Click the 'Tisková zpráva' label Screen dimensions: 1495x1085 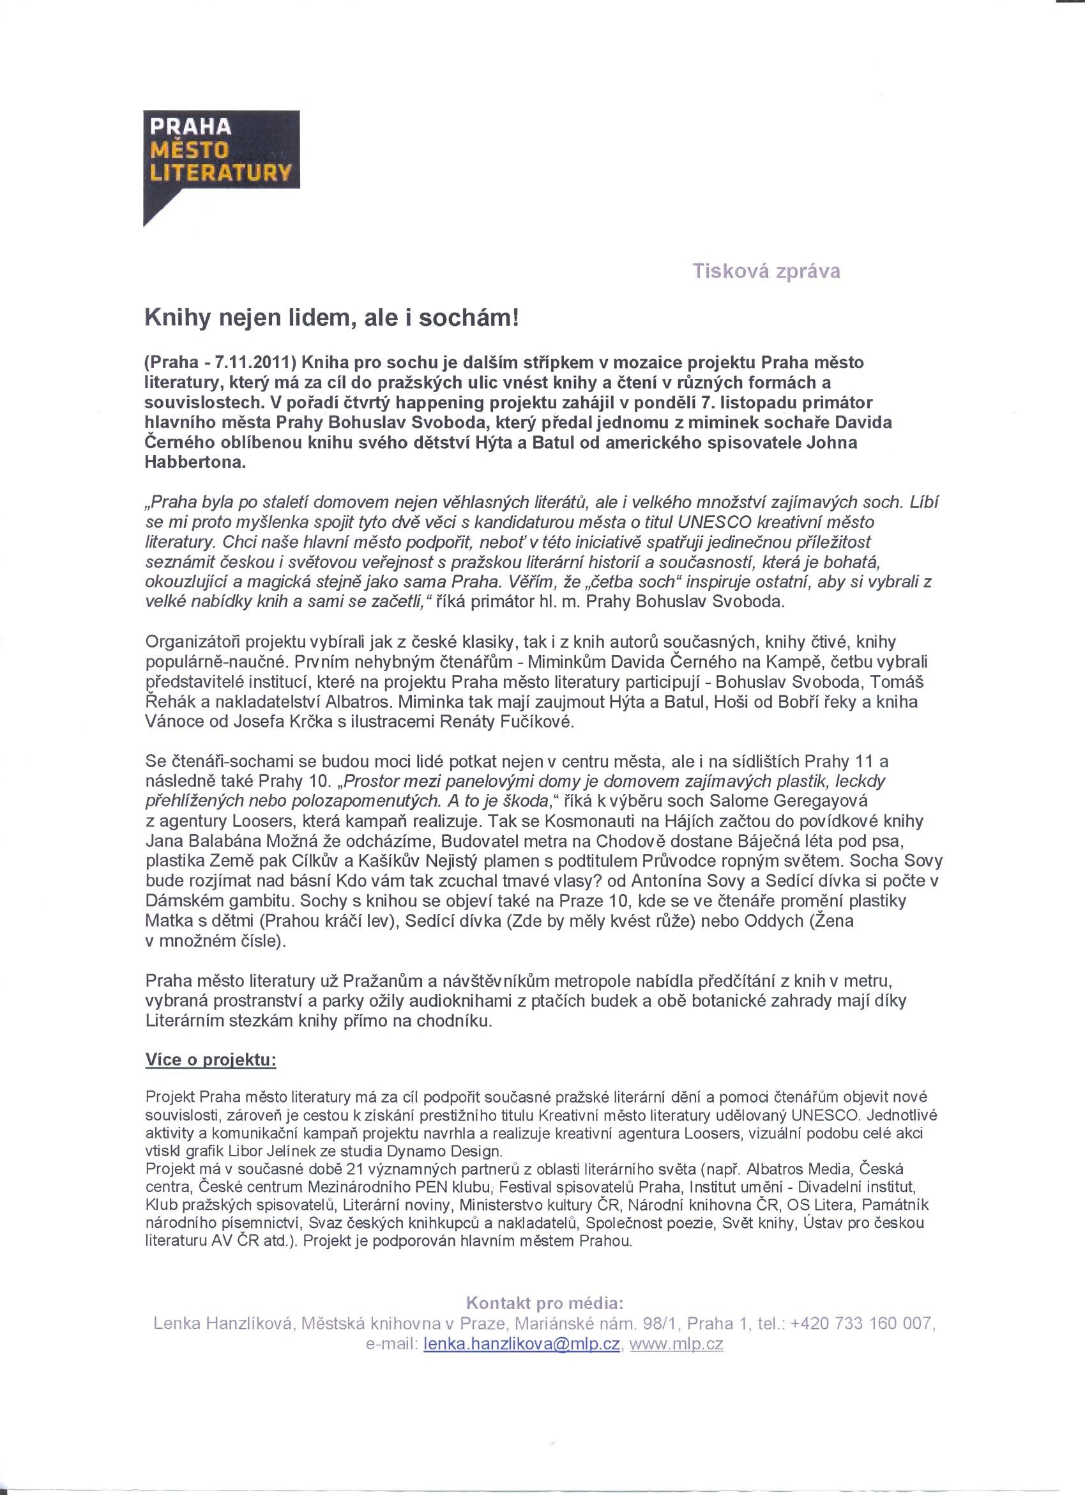tap(766, 271)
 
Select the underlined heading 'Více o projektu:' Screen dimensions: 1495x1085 tap(211, 1061)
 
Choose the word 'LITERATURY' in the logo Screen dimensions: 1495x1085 tap(221, 173)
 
